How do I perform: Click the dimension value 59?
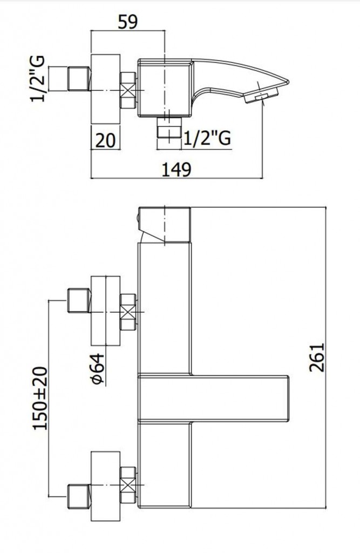(127, 22)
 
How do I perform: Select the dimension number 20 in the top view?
(105, 141)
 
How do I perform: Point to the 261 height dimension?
(316, 357)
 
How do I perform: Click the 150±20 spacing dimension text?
(40, 399)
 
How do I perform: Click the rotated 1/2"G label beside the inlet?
(38, 78)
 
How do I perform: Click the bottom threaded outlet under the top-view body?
(169, 127)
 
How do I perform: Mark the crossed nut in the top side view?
(128, 90)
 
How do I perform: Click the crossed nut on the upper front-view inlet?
(128, 312)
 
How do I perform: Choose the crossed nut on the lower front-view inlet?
(128, 485)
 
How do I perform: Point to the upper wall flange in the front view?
(105, 311)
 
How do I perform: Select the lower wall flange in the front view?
(105, 485)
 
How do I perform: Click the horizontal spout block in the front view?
(214, 398)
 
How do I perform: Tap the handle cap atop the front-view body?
(165, 225)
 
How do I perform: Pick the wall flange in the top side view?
(105, 89)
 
